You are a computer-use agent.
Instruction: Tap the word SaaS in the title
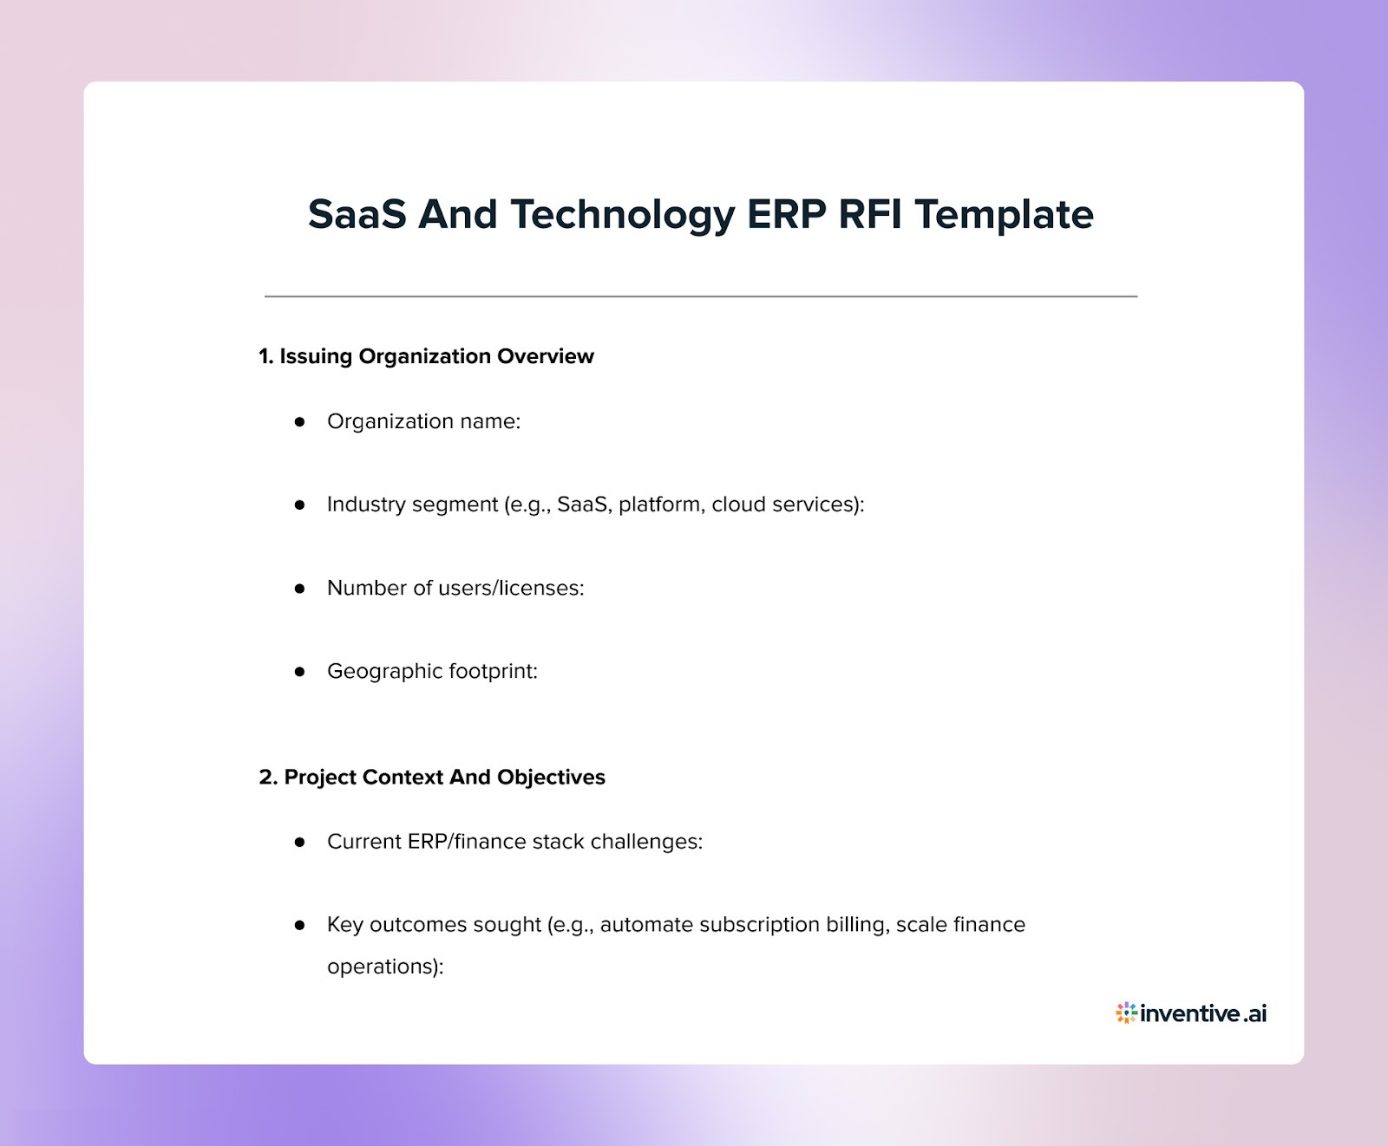coord(357,214)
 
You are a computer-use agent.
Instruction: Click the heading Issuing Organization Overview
coord(426,356)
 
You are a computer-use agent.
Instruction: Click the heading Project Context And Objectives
coord(432,777)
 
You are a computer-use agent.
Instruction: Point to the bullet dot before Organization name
coord(300,421)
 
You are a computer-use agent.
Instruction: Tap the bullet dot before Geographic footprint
coord(300,671)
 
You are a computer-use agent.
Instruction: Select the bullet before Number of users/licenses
coord(300,588)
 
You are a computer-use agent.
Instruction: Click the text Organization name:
coord(423,421)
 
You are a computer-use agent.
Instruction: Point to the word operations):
coord(385,967)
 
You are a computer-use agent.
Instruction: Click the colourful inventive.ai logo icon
coord(1126,1013)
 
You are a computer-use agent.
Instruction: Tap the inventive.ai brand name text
coord(1203,1013)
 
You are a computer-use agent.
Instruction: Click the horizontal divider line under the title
coord(701,296)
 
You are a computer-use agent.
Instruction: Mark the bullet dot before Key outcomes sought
coord(300,925)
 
